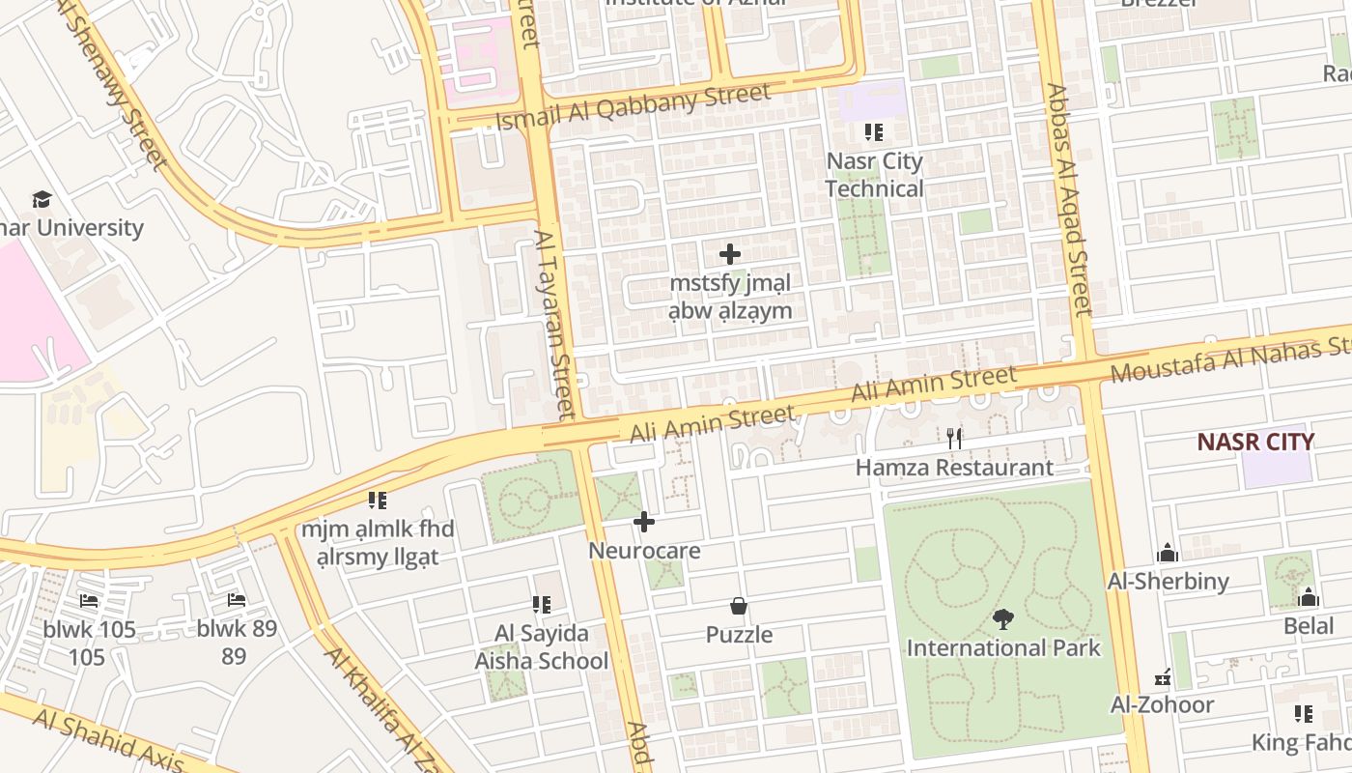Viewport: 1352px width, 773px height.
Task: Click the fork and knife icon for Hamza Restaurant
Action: (954, 439)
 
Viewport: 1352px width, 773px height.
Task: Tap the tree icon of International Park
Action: (1003, 618)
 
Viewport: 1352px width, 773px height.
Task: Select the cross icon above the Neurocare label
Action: (644, 523)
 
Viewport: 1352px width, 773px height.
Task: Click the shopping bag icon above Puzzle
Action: (739, 606)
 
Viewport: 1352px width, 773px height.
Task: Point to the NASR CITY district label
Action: (1255, 442)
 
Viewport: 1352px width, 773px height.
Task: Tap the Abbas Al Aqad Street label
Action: (1068, 200)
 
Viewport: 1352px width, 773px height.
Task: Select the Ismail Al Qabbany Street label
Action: (633, 106)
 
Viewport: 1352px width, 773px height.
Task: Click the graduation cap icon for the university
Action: (42, 200)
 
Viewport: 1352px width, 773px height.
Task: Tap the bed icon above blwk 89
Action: (237, 600)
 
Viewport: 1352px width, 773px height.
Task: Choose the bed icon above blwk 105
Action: (89, 601)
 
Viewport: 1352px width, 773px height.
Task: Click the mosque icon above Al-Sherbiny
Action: (1168, 553)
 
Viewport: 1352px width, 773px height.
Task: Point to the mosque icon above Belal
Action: (1309, 597)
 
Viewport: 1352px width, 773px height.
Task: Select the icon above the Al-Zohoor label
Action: (1163, 676)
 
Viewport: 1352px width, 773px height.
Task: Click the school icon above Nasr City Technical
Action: (874, 132)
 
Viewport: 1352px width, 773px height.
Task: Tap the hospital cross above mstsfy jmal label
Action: (730, 255)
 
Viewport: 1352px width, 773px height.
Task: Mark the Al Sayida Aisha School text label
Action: (541, 647)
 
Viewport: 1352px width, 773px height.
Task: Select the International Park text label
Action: (1003, 647)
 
